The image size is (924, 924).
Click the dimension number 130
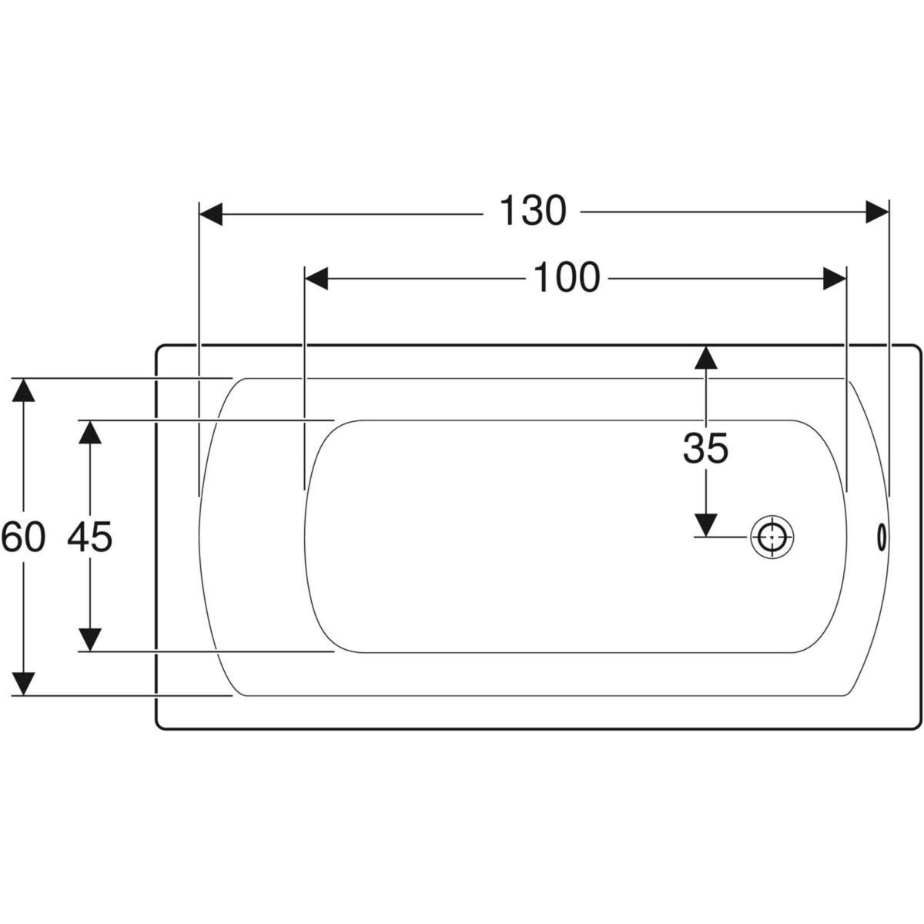pyautogui.click(x=533, y=212)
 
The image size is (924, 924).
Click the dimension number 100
pyautogui.click(x=566, y=278)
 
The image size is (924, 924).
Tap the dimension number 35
pyautogui.click(x=705, y=448)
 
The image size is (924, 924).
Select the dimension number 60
pyautogui.click(x=23, y=537)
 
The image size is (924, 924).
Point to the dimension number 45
pyautogui.click(x=89, y=537)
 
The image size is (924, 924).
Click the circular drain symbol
pyautogui.click(x=772, y=537)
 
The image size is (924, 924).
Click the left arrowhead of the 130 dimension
pyautogui.click(x=211, y=213)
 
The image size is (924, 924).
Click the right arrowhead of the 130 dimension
pyautogui.click(x=877, y=212)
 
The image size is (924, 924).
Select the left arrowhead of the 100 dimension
pyautogui.click(x=316, y=279)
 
